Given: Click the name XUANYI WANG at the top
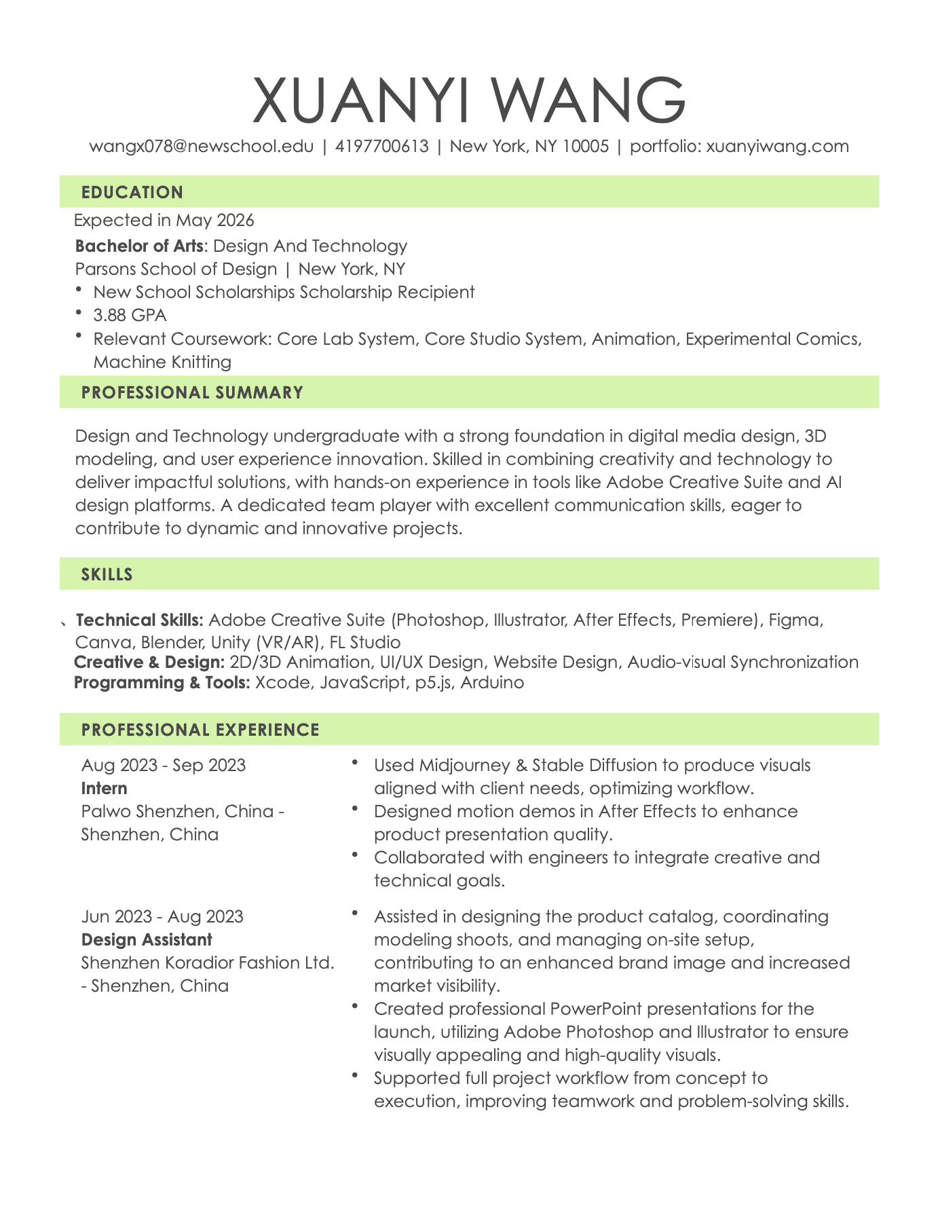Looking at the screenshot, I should pyautogui.click(x=469, y=101).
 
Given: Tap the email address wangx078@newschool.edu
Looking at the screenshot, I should pyautogui.click(x=202, y=146).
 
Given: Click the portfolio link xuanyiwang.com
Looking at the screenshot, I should pyautogui.click(x=777, y=146).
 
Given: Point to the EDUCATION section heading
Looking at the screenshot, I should pyautogui.click(x=132, y=192).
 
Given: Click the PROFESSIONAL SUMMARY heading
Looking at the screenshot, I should pyautogui.click(x=192, y=392).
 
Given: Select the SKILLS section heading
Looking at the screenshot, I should pyautogui.click(x=107, y=574).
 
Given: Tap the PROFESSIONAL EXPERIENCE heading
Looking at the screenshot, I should pyautogui.click(x=200, y=730).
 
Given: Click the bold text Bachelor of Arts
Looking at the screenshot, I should pyautogui.click(x=138, y=245).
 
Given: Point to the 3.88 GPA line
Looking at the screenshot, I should pyautogui.click(x=130, y=315).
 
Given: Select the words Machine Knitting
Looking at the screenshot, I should pyautogui.click(x=162, y=362).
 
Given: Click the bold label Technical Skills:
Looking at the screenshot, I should pyautogui.click(x=139, y=620).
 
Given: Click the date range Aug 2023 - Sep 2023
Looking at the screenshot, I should pyautogui.click(x=164, y=766).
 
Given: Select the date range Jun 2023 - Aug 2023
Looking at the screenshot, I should pyautogui.click(x=162, y=916).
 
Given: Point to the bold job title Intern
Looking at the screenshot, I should pyautogui.click(x=105, y=788).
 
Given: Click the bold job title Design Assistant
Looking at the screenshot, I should pyautogui.click(x=147, y=939).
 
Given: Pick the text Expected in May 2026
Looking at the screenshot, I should pyautogui.click(x=164, y=220).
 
